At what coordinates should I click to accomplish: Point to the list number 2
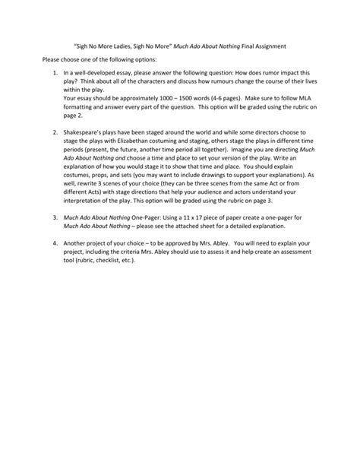(55, 132)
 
